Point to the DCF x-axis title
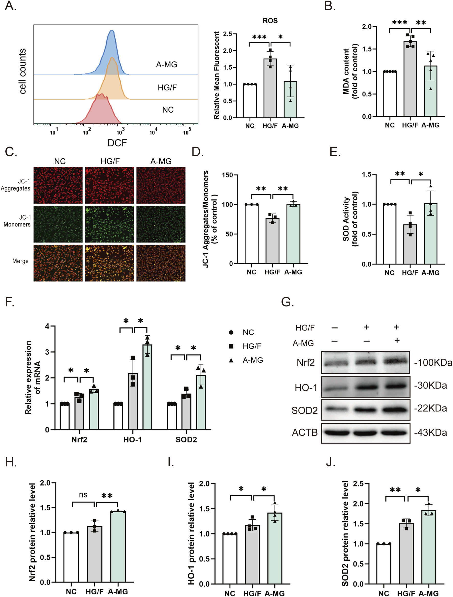coord(117,143)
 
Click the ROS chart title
coord(270,20)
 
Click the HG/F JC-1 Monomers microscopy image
coord(109,224)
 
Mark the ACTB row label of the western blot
coord(305,432)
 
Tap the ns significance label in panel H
coord(83,495)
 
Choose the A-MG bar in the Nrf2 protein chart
coord(118,546)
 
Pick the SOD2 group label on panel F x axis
coord(186,440)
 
